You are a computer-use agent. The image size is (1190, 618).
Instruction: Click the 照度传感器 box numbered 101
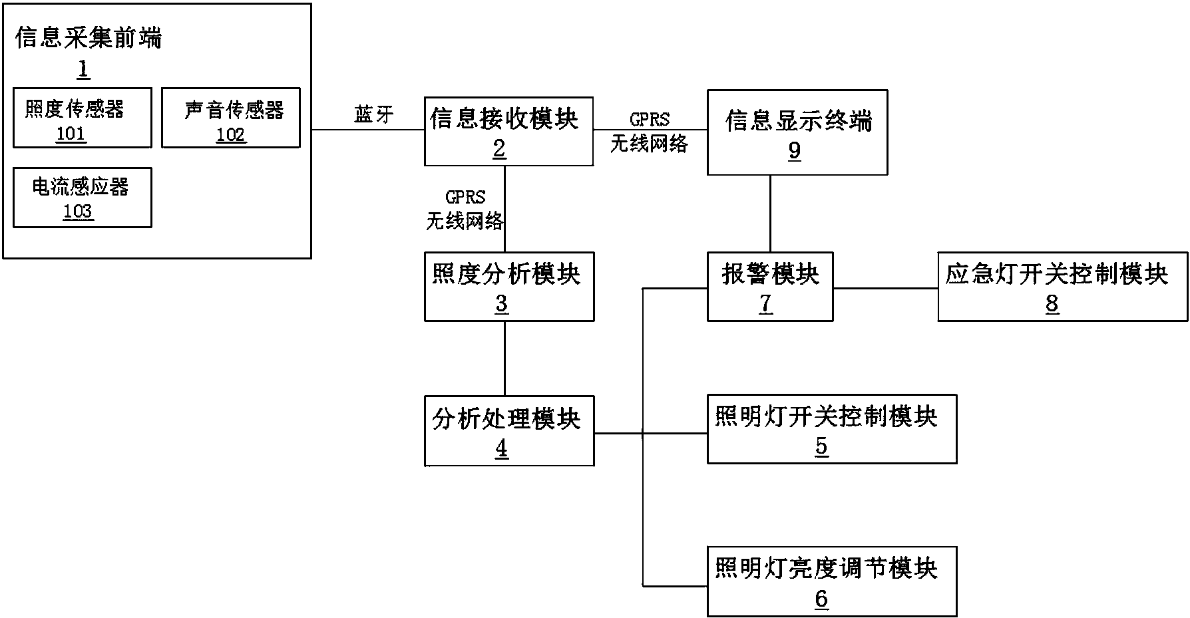click(82, 118)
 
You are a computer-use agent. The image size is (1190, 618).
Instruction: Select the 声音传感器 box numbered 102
click(231, 118)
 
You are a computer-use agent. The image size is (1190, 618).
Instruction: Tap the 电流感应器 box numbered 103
click(82, 198)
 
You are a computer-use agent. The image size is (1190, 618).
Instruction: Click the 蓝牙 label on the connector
click(373, 114)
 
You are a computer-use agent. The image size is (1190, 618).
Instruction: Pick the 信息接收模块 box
click(508, 132)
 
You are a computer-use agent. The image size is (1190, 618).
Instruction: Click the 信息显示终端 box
click(797, 132)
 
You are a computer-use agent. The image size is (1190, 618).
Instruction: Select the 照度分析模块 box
click(508, 287)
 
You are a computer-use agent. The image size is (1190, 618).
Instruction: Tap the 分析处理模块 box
click(508, 431)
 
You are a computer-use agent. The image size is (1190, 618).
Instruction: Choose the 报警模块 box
click(769, 287)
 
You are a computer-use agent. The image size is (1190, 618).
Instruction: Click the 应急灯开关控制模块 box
click(1062, 287)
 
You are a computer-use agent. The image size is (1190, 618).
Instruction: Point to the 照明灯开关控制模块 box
click(831, 429)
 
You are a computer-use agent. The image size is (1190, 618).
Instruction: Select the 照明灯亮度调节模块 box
click(831, 581)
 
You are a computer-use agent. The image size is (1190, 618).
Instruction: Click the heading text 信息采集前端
click(89, 39)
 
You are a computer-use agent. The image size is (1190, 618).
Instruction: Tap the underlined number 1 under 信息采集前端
click(84, 69)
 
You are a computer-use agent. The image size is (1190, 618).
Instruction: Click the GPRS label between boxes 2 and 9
click(650, 120)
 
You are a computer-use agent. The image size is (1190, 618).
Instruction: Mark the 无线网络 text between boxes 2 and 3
click(465, 221)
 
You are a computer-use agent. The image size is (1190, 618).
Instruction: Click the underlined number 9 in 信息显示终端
click(795, 151)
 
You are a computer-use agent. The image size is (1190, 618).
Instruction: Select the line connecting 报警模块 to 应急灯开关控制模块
click(885, 289)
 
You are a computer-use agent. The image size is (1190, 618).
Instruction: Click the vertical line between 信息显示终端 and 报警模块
click(770, 213)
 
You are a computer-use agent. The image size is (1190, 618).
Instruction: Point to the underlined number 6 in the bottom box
click(821, 599)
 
